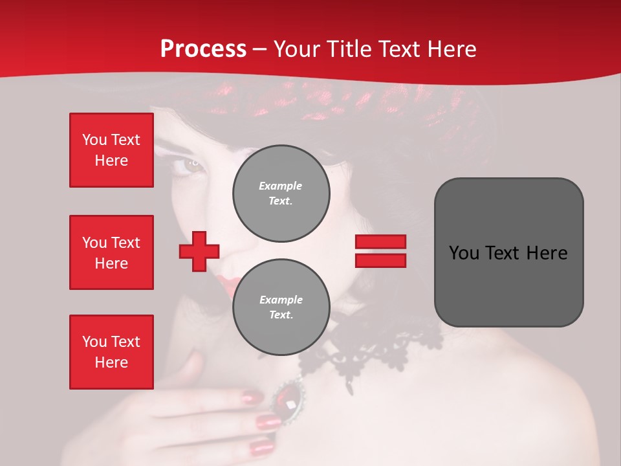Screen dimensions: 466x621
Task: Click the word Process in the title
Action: (203, 49)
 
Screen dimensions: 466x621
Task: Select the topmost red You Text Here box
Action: (111, 150)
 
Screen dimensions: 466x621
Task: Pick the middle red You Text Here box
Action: (111, 252)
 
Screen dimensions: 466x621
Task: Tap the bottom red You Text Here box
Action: (111, 352)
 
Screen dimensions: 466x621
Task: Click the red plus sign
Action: (199, 251)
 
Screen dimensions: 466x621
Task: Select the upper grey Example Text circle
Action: (281, 193)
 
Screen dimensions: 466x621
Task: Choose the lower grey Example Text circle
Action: (281, 307)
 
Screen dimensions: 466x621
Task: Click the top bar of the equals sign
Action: (380, 242)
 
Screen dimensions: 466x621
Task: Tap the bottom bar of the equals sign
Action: (380, 260)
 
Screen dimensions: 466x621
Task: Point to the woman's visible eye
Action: (191, 164)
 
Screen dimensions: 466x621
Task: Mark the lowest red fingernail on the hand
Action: (261, 447)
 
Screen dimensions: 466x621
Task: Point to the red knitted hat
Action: (362, 104)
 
